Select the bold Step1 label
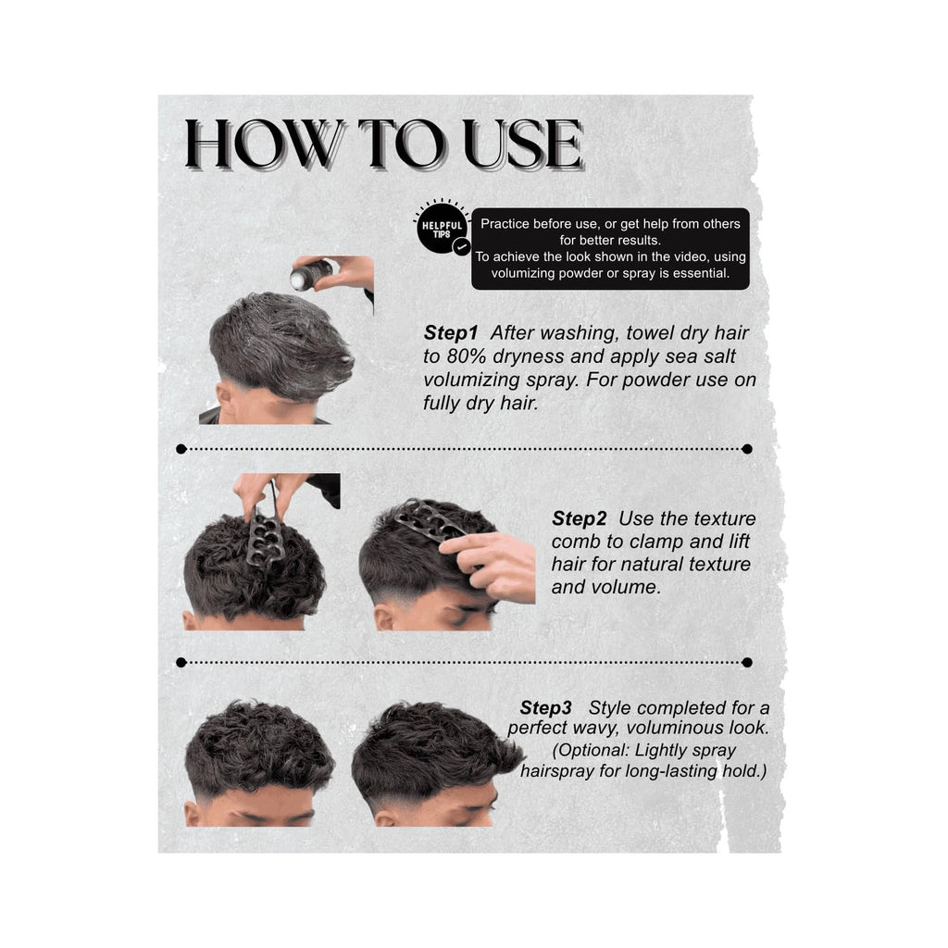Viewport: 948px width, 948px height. [x=451, y=332]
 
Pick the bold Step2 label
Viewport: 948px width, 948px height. [x=579, y=518]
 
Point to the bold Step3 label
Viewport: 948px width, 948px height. [x=545, y=707]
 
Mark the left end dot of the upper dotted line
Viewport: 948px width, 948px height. [x=181, y=449]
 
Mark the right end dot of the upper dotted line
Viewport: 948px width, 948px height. [x=747, y=449]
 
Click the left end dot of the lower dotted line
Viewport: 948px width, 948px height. [x=181, y=663]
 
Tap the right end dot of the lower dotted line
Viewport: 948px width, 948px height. [x=747, y=663]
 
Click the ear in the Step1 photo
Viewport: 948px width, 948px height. [x=226, y=400]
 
